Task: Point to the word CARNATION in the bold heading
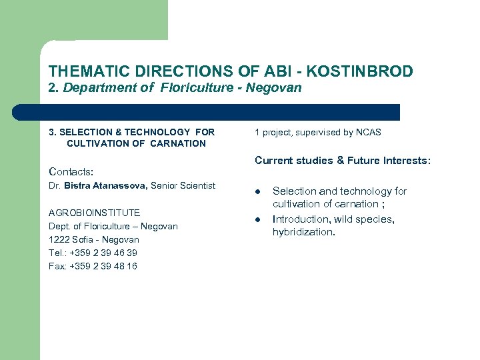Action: click(x=178, y=143)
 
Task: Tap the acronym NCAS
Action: click(x=368, y=132)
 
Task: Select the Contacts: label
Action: click(x=71, y=172)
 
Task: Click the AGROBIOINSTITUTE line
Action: click(x=94, y=213)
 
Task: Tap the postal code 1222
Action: click(x=58, y=239)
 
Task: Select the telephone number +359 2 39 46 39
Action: click(x=103, y=253)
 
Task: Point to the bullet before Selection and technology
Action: click(x=257, y=192)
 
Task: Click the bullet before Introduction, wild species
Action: click(x=257, y=220)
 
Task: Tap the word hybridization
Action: click(x=303, y=232)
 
